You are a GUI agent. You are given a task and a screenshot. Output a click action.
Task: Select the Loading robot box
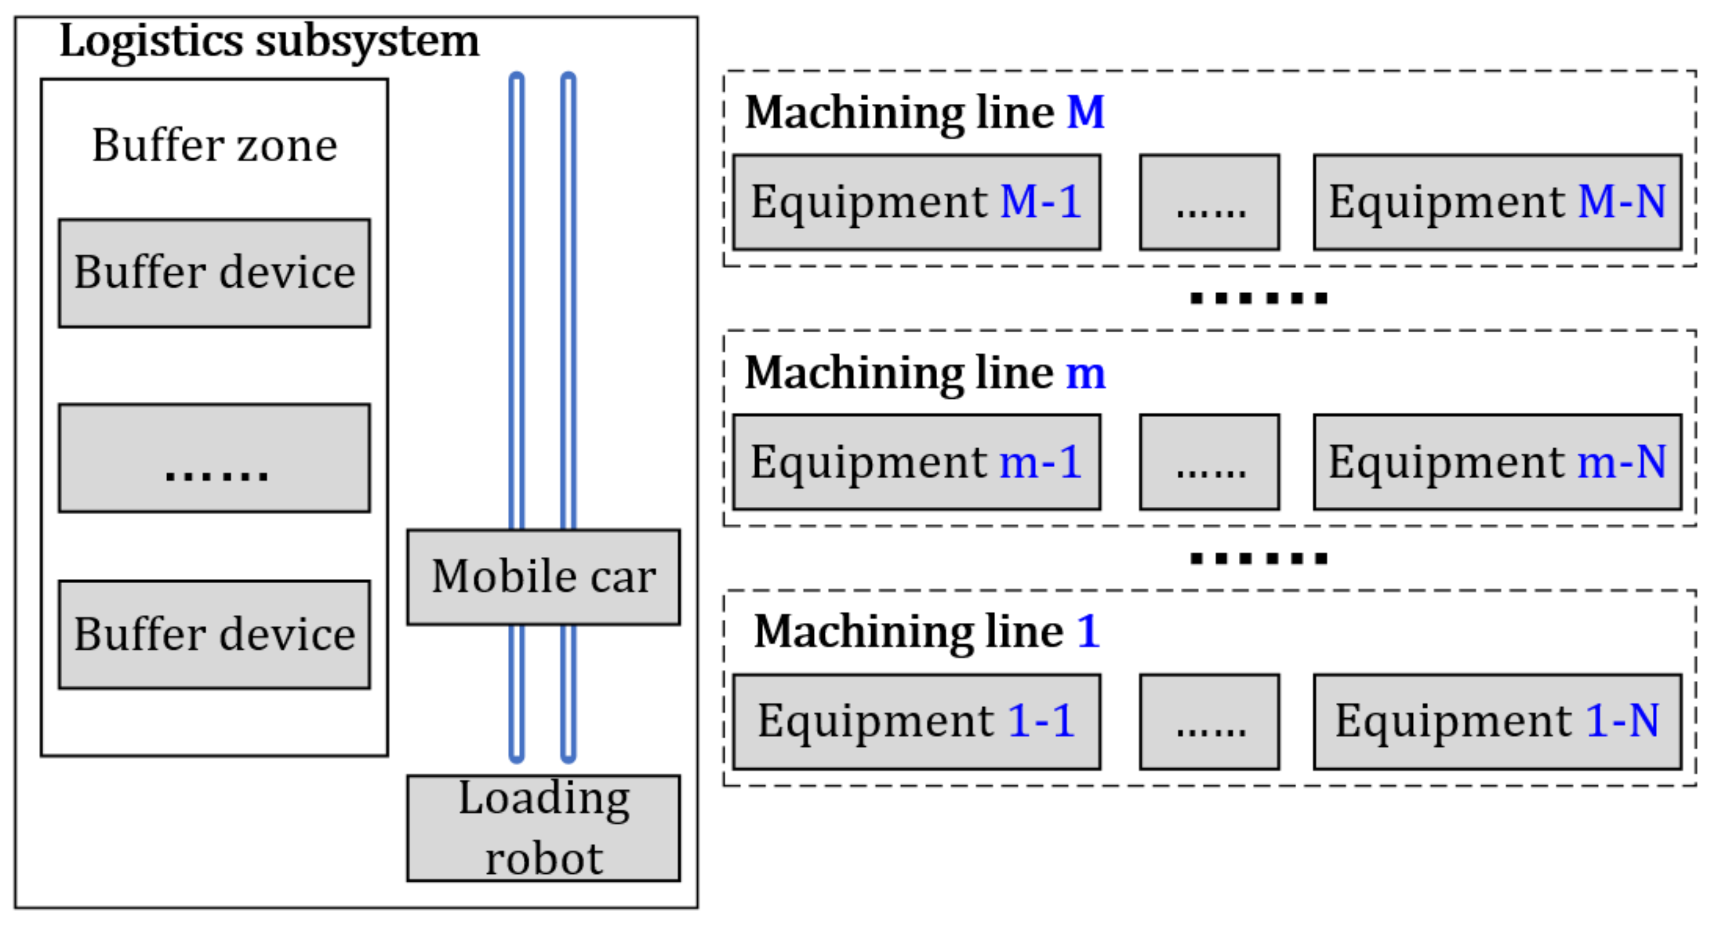[x=543, y=828]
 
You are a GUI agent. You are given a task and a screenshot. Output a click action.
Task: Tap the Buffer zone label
[x=214, y=144]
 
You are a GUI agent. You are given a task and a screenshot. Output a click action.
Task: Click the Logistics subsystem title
[x=269, y=41]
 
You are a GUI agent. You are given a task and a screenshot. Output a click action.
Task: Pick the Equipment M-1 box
[x=916, y=202]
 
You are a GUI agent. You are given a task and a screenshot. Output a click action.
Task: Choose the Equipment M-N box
[x=1497, y=202]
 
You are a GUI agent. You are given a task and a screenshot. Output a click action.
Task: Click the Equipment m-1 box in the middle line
[x=916, y=462]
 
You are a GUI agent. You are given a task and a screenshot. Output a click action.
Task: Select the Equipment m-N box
[x=1497, y=462]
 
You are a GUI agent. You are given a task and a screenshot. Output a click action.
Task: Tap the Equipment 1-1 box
[x=916, y=721]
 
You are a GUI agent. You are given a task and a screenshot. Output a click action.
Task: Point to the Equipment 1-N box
[x=1497, y=721]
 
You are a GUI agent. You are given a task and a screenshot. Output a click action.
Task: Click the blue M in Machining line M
[x=1085, y=112]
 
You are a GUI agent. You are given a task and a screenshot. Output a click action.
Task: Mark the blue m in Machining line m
[x=1085, y=373]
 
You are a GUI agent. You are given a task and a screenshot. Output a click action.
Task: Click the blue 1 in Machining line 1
[x=1088, y=631]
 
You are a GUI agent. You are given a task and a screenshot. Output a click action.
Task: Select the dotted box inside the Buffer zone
[x=214, y=458]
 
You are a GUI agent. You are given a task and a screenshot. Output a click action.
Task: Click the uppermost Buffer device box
[x=214, y=273]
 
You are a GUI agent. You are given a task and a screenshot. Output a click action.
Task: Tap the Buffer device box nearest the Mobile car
[x=214, y=634]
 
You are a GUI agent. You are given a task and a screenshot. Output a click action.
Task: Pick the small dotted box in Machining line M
[x=1209, y=202]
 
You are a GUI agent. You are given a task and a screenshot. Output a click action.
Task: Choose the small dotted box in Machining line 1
[x=1209, y=721]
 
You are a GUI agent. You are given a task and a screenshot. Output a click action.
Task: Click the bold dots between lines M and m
[x=1258, y=297]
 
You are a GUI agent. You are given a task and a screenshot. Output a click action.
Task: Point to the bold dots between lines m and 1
[x=1258, y=558]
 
